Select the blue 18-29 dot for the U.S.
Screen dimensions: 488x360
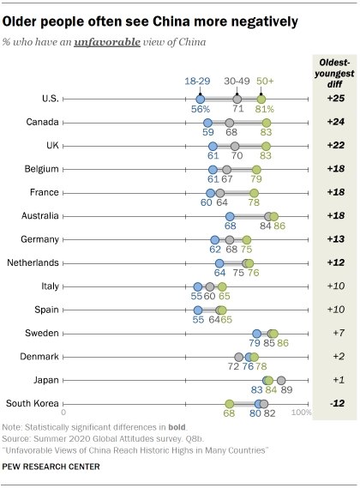[x=200, y=99]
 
